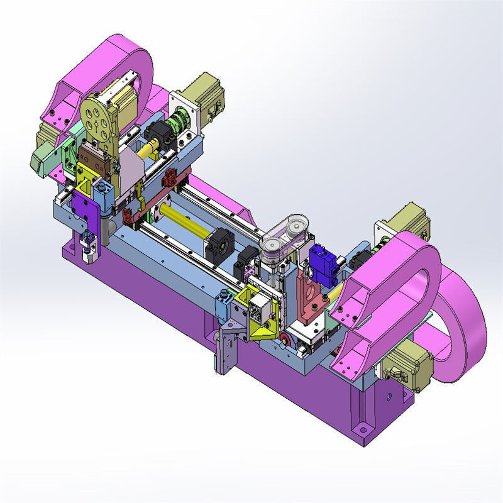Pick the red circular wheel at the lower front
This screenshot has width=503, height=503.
[x=287, y=341]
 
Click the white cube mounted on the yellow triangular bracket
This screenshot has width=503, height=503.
[x=258, y=307]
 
